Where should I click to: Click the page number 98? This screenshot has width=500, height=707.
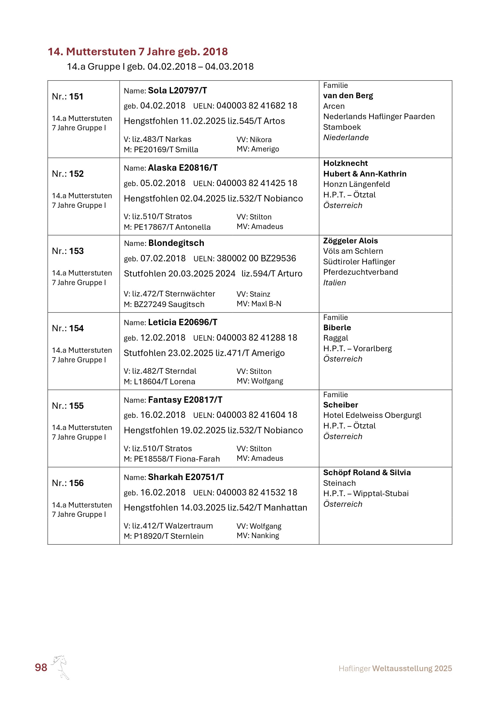click(x=41, y=667)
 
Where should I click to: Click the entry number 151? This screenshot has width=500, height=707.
click(x=76, y=97)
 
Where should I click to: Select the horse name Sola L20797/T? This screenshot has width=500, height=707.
click(x=177, y=91)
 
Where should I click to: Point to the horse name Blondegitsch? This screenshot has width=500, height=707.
click(x=176, y=243)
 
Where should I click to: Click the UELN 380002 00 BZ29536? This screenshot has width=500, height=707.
click(x=256, y=258)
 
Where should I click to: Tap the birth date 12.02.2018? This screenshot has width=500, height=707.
click(x=163, y=338)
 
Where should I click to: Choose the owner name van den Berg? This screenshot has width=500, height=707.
click(x=348, y=96)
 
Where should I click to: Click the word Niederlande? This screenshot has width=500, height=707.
click(x=346, y=138)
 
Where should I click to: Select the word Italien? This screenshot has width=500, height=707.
click(x=334, y=283)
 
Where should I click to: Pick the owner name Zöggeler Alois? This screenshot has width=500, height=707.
click(x=350, y=241)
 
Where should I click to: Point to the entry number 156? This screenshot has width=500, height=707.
click(x=76, y=483)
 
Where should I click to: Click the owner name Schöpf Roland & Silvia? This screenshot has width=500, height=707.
click(x=367, y=472)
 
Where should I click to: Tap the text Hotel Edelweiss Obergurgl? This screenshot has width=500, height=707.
click(x=372, y=415)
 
